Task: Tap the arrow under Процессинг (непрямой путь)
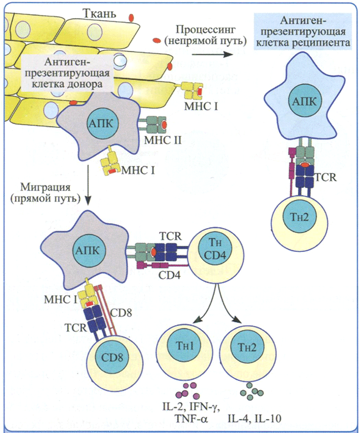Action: click(x=213, y=54)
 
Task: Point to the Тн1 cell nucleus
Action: click(x=184, y=346)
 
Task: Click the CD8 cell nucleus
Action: click(x=112, y=358)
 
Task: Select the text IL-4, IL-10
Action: click(x=255, y=419)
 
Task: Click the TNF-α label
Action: click(x=191, y=419)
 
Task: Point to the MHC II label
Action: click(x=163, y=141)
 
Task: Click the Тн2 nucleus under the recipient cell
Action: click(x=300, y=217)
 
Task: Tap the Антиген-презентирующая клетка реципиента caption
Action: click(x=304, y=32)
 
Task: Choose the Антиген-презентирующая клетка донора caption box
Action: click(x=67, y=73)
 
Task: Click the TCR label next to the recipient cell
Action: click(x=326, y=177)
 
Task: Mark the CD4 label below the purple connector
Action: click(x=169, y=275)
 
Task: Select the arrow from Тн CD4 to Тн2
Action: click(x=229, y=305)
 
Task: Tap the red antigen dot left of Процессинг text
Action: click(x=157, y=40)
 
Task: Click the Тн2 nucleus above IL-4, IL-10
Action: click(x=247, y=347)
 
